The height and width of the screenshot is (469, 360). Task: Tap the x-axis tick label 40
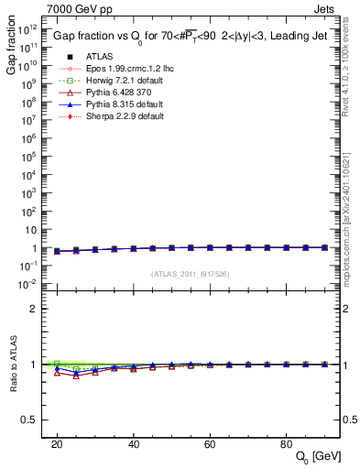point(133,443)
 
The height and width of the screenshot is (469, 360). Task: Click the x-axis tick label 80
point(286,443)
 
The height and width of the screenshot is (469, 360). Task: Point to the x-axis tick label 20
point(57,443)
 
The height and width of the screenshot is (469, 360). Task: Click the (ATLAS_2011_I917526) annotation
point(190,275)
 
